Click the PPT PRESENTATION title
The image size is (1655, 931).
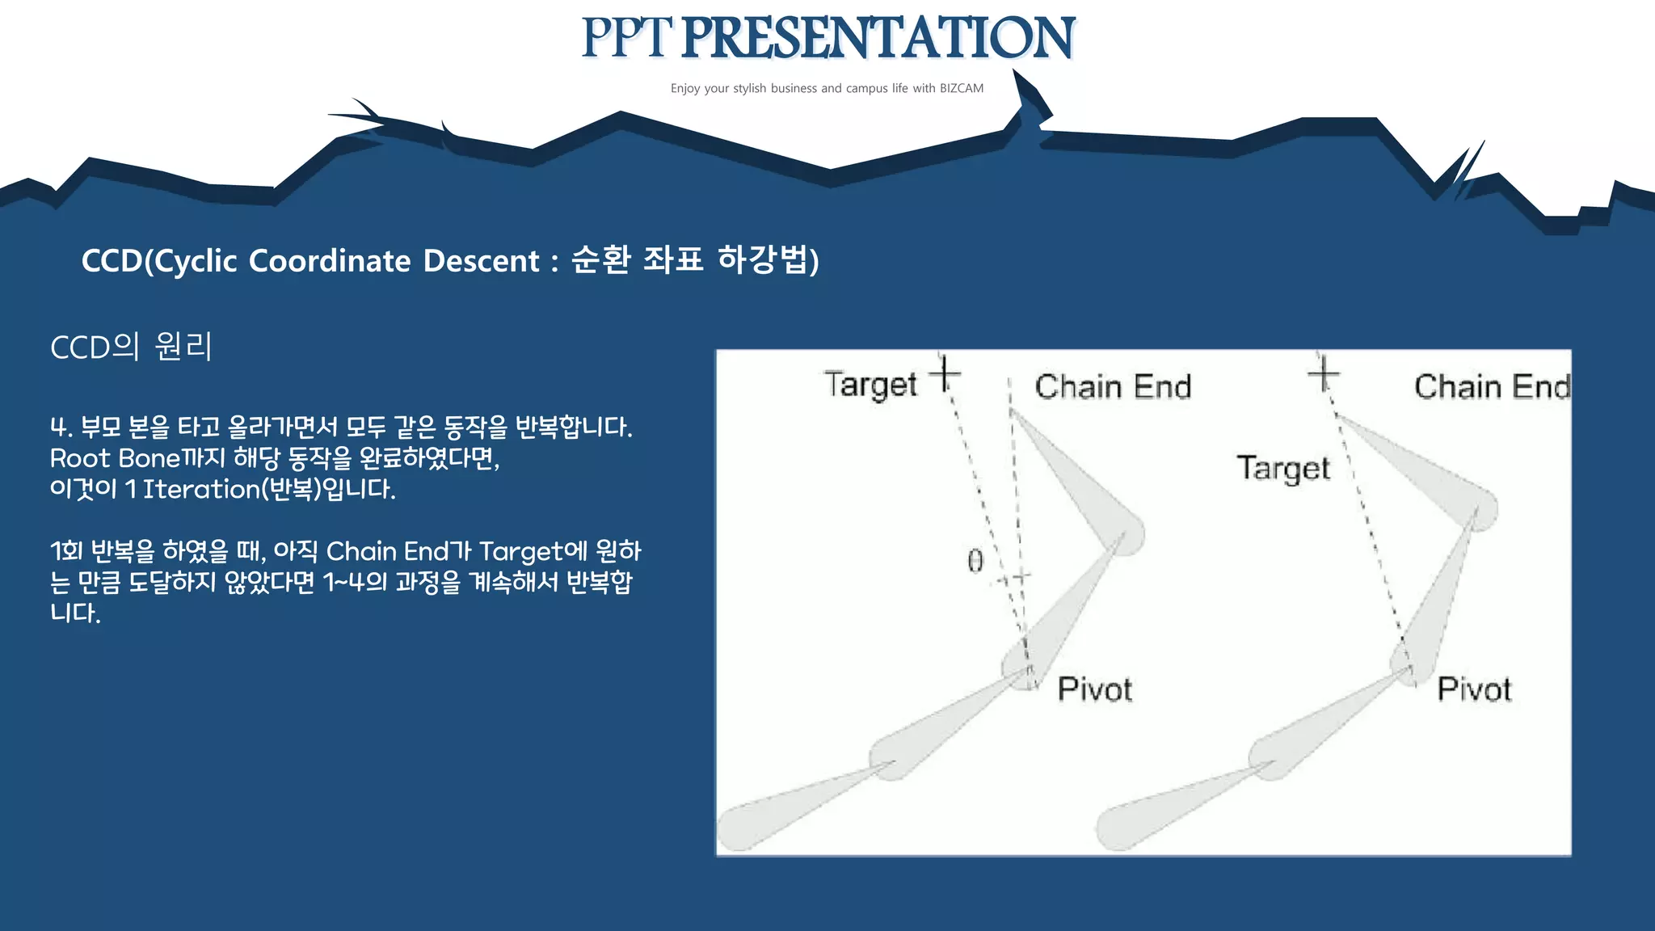tap(827, 38)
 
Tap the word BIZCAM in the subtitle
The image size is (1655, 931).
tap(961, 88)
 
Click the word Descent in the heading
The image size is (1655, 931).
tap(481, 261)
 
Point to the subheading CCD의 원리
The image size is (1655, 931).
tap(131, 348)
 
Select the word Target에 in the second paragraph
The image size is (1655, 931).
tap(533, 551)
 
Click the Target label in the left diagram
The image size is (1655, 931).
tap(870, 385)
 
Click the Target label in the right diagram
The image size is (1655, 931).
tap(1283, 469)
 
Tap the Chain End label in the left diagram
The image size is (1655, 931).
tap(1113, 387)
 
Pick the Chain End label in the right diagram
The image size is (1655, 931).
tap(1491, 387)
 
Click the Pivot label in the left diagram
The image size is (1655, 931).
tap(1094, 689)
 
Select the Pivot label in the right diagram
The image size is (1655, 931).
tap(1474, 689)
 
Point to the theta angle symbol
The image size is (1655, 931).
tap(975, 560)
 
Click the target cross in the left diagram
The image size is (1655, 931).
tap(945, 374)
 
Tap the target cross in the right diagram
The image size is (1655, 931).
tap(1324, 374)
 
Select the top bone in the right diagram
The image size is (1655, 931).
tap(1422, 469)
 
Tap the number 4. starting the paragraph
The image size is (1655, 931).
tap(61, 427)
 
